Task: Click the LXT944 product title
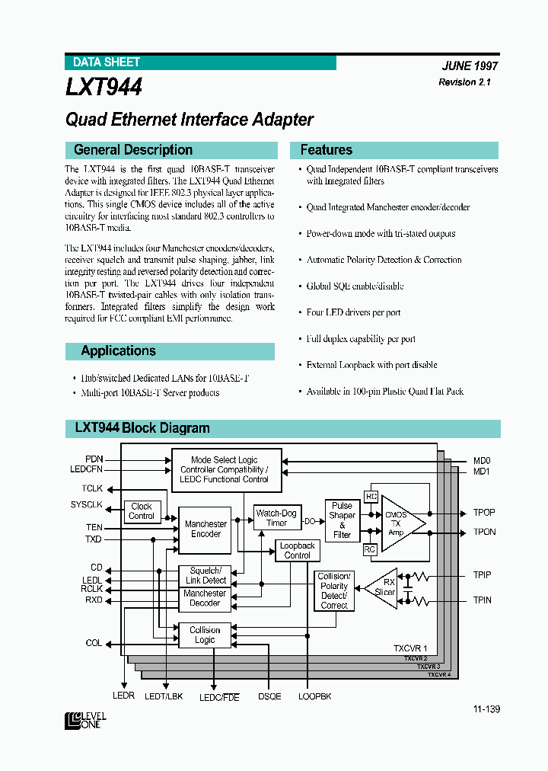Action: click(x=104, y=88)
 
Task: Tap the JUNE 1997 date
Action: click(x=469, y=66)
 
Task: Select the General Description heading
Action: click(x=133, y=150)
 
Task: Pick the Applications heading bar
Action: click(x=118, y=351)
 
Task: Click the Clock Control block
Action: click(x=142, y=511)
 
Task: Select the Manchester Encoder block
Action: click(x=205, y=529)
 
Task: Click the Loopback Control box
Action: click(x=297, y=550)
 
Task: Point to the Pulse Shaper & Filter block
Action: click(x=342, y=520)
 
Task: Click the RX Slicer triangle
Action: click(x=385, y=588)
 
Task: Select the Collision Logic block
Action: click(x=205, y=635)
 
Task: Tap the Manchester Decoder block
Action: click(x=205, y=598)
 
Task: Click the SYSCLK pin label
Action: click(x=86, y=505)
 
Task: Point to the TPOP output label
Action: click(x=483, y=513)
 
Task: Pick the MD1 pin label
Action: click(x=482, y=472)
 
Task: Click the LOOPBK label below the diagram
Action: click(x=314, y=696)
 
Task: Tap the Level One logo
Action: click(x=85, y=721)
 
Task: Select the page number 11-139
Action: click(x=486, y=709)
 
